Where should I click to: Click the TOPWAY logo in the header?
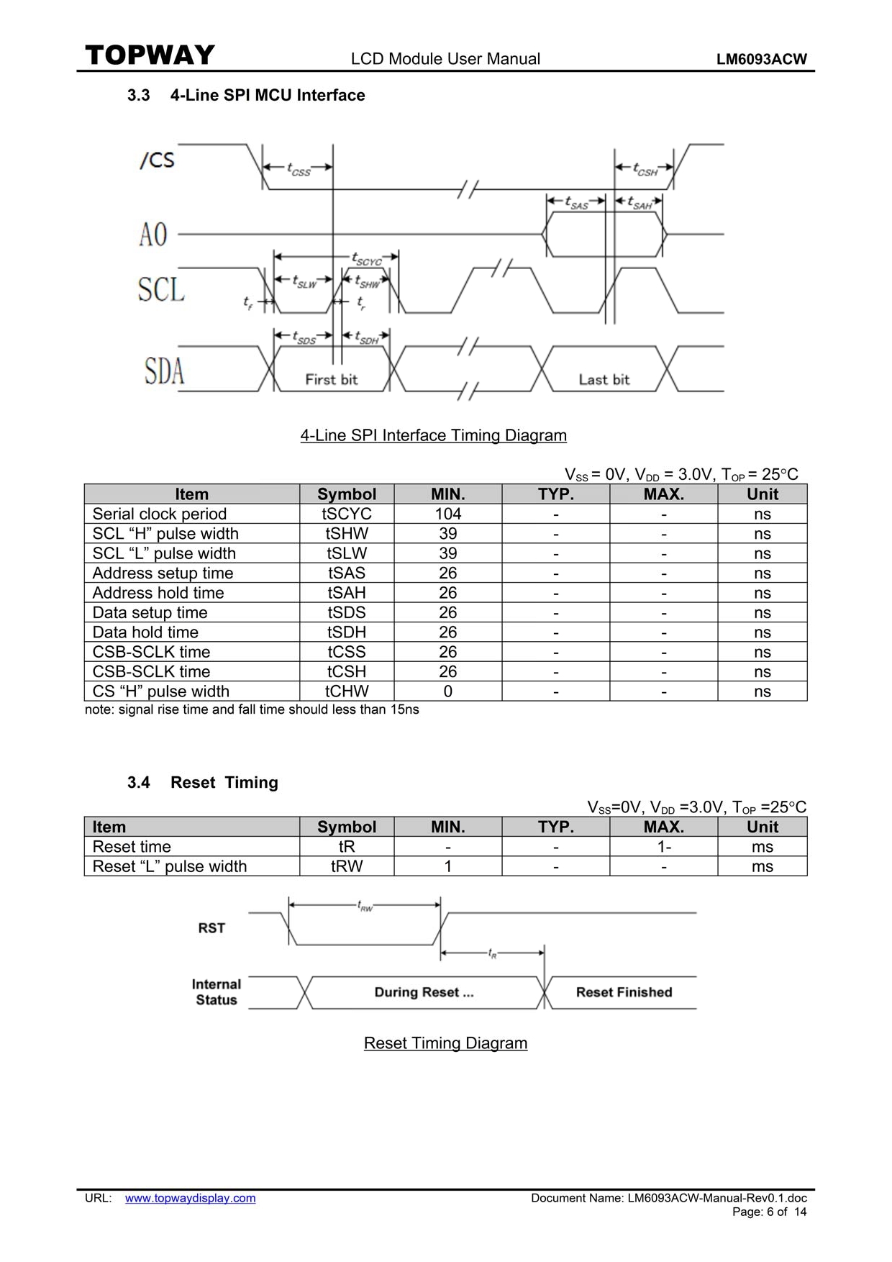150,55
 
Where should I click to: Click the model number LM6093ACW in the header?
762,60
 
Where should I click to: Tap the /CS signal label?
158,159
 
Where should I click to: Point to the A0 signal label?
153,235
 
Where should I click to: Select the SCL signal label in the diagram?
161,289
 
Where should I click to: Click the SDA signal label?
165,371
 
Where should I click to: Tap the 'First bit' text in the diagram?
331,379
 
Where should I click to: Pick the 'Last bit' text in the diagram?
604,379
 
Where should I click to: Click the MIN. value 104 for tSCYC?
447,514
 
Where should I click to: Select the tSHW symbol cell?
347,533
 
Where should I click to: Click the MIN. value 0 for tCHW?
447,691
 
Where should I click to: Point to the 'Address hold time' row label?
158,593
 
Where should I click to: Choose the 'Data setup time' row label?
150,612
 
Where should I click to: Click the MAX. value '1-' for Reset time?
664,847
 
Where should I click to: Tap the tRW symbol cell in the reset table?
347,866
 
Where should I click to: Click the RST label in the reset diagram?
211,928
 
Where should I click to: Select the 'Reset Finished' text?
624,992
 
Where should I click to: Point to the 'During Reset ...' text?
424,992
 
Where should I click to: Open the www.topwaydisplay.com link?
190,1198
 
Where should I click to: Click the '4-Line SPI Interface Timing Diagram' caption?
433,435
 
